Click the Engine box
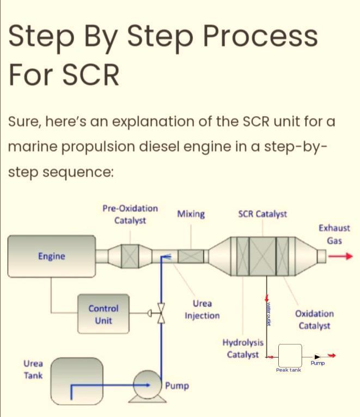pos(51,256)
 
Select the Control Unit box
pos(103,315)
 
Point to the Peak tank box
pos(289,355)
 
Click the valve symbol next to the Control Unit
pos(160,314)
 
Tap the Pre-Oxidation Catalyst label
pos(130,214)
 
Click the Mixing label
pos(191,214)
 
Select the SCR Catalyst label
pos(263,214)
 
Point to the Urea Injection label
pos(202,310)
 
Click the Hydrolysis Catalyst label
pos(243,349)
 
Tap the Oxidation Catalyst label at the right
pos(314,320)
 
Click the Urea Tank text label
pos(33,369)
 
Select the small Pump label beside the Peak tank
pos(318,363)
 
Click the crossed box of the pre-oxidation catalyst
pos(130,256)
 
